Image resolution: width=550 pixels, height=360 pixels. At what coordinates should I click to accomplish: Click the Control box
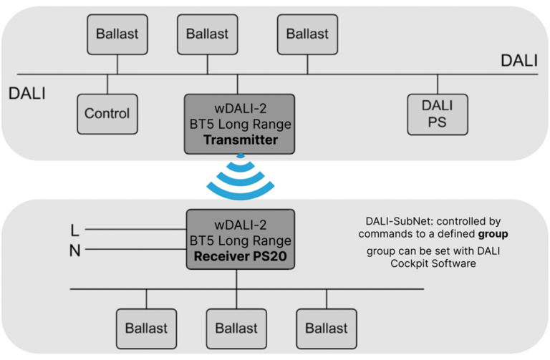pyautogui.click(x=107, y=114)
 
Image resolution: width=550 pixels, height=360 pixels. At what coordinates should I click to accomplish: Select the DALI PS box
pyautogui.click(x=438, y=115)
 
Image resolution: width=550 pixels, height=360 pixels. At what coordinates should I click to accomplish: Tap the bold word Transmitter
pyautogui.click(x=241, y=140)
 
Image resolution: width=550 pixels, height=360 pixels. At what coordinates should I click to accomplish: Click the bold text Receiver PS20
pyautogui.click(x=241, y=256)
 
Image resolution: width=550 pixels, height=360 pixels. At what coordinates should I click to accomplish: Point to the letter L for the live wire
pyautogui.click(x=74, y=230)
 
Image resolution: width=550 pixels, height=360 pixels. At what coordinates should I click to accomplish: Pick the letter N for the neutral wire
pyautogui.click(x=74, y=250)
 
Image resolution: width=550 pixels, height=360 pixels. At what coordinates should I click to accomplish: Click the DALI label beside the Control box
pyautogui.click(x=27, y=94)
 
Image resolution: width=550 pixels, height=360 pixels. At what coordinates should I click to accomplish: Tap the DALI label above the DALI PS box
pyautogui.click(x=519, y=61)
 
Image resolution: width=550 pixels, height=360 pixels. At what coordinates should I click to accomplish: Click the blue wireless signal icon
pyautogui.click(x=241, y=177)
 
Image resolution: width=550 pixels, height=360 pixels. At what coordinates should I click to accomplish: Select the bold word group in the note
pyautogui.click(x=493, y=234)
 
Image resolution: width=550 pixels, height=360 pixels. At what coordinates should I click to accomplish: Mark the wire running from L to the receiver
pyautogui.click(x=136, y=229)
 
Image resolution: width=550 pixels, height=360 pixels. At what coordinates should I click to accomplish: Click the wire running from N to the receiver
pyautogui.click(x=136, y=249)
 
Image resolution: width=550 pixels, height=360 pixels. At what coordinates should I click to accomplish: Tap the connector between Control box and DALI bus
pyautogui.click(x=107, y=84)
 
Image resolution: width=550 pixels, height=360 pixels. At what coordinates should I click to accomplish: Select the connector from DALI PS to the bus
pyautogui.click(x=438, y=84)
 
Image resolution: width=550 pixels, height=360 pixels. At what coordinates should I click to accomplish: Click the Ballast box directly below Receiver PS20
pyautogui.click(x=236, y=329)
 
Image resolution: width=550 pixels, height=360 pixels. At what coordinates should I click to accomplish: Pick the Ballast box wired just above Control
pyautogui.click(x=117, y=34)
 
